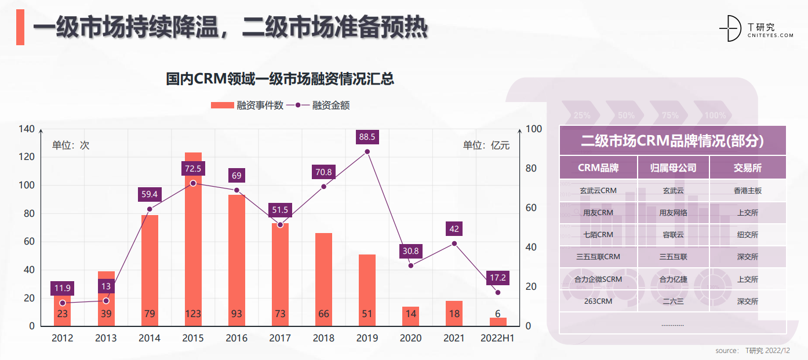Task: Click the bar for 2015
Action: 193,243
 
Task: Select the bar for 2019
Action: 367,290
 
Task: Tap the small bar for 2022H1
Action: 497,322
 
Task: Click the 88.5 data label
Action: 367,137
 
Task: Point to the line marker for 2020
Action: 410,266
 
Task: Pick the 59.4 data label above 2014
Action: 150,194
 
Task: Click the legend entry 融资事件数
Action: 247,105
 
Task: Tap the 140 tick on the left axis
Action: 27,129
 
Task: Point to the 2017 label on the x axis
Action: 280,338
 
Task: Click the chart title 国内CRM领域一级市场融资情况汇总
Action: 280,79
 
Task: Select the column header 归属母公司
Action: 673,168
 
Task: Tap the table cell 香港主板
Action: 747,190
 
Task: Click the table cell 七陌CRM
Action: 598,235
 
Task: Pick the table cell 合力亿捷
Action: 673,279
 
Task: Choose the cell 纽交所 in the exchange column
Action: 747,235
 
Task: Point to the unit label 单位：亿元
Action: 486,146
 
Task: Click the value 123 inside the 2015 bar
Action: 193,314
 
